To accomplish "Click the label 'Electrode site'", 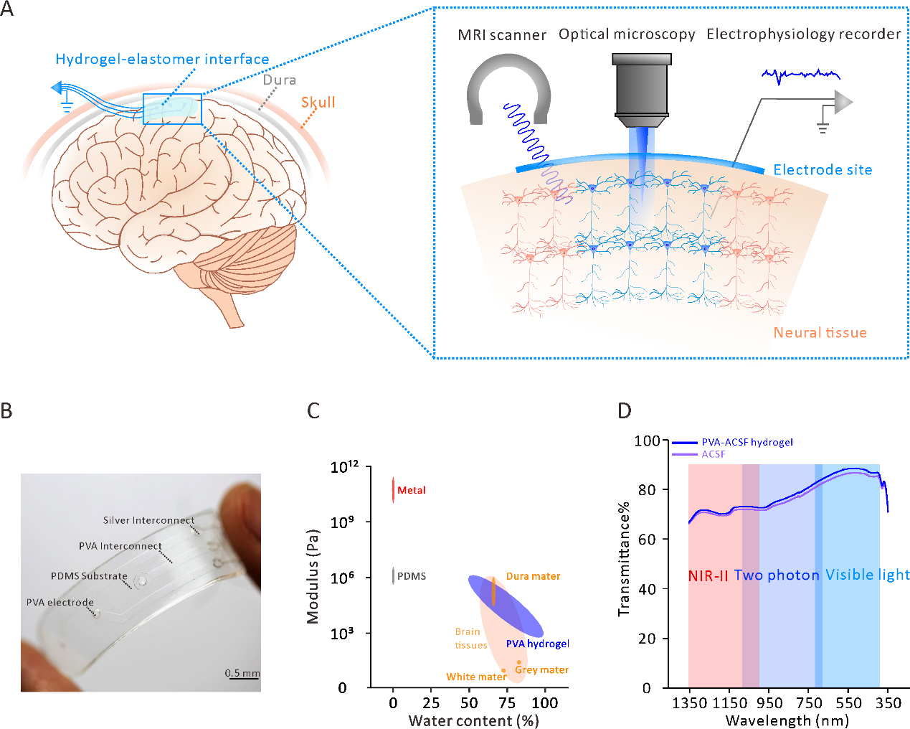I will click(823, 170).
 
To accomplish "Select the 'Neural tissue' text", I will click(820, 333).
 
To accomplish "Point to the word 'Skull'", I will click(318, 103).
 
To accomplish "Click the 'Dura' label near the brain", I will click(279, 80).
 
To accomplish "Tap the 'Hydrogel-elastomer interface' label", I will click(162, 60).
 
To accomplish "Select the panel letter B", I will click(6, 410).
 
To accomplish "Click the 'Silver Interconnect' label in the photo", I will click(148, 520).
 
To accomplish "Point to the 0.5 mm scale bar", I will click(242, 674).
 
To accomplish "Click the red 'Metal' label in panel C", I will click(412, 490).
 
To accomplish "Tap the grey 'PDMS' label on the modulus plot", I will click(412, 576).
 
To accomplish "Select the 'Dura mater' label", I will click(533, 576).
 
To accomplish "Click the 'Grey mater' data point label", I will click(542, 670).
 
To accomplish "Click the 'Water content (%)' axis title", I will click(473, 720).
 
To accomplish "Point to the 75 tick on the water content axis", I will click(508, 703).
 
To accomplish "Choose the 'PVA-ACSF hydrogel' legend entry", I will click(747, 443).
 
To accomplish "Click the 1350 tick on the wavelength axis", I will click(689, 703).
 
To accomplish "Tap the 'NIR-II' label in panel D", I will click(708, 576).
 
